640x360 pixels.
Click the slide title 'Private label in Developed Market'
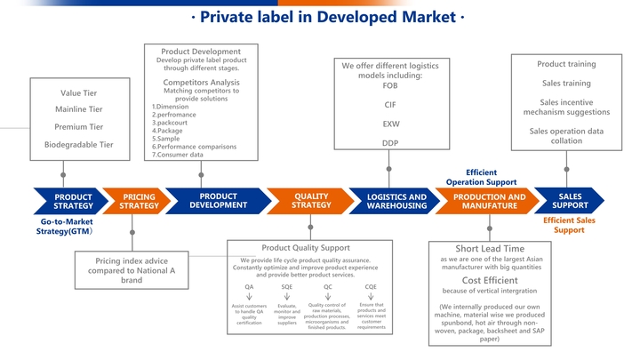coord(326,18)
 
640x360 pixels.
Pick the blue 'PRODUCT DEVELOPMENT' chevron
coord(218,201)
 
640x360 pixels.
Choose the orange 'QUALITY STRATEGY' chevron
coord(311,201)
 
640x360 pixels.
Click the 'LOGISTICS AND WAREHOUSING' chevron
coord(396,202)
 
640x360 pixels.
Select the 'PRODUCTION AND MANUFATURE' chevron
coord(489,202)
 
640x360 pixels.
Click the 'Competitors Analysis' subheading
coord(201,83)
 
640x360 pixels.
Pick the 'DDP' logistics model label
coord(389,143)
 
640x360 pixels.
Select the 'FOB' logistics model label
coord(389,86)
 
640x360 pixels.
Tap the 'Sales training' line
coord(566,84)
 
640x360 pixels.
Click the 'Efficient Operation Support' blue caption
coord(481,177)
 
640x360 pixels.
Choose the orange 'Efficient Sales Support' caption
coord(569,225)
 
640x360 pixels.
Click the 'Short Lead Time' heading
coord(490,249)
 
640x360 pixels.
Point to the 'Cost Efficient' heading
coord(490,280)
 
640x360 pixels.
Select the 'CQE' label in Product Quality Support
coord(371,287)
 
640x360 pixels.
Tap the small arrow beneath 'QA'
coord(249,297)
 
